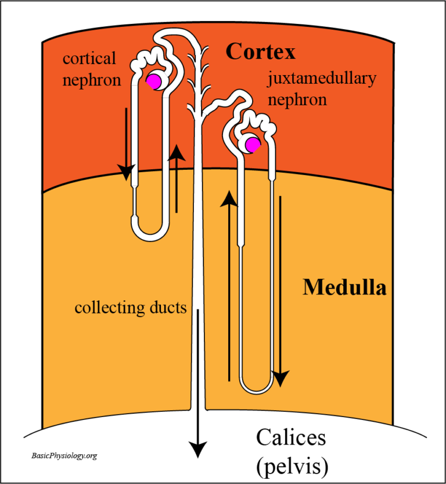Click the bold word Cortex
click(260, 52)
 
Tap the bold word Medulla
click(344, 287)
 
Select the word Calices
click(291, 437)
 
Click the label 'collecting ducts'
click(131, 307)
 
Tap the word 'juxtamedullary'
click(321, 79)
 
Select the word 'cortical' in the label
click(89, 59)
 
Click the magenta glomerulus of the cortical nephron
click(154, 81)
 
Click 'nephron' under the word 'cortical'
click(92, 80)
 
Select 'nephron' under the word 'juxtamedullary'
click(297, 100)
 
